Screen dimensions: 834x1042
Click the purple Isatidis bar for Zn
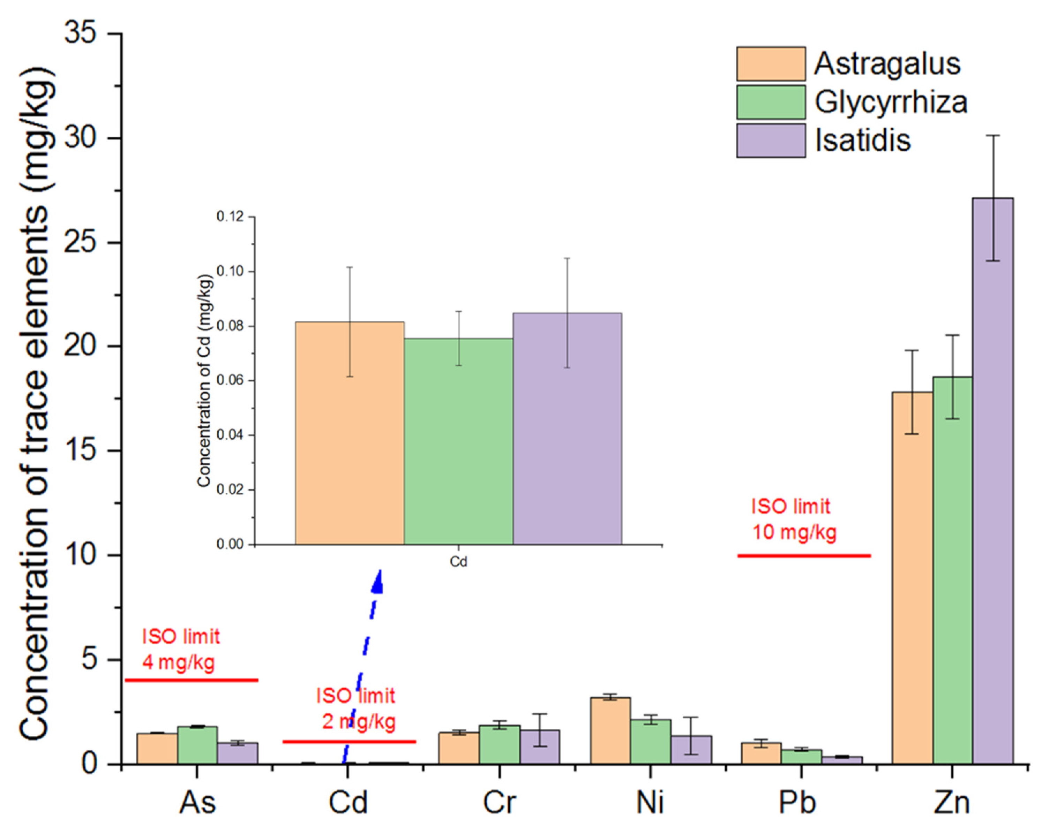click(993, 483)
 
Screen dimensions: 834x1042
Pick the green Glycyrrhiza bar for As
click(197, 746)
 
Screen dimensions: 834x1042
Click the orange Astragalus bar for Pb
click(761, 754)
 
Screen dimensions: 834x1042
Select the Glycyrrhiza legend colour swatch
click(771, 102)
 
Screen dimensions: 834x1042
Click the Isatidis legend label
click(863, 141)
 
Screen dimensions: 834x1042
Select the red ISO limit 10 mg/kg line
click(804, 556)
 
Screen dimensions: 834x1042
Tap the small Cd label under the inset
click(458, 562)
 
